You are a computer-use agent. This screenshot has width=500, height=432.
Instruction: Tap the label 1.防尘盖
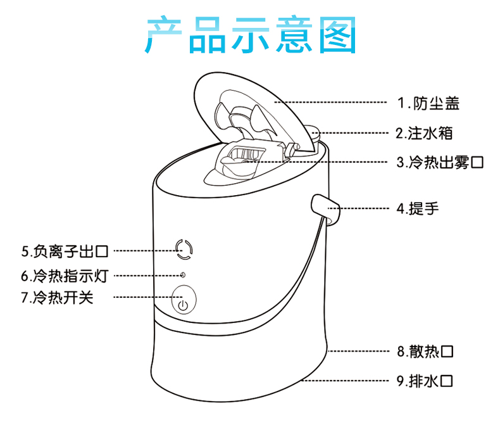[428, 103]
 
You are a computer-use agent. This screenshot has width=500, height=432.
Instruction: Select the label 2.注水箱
[425, 133]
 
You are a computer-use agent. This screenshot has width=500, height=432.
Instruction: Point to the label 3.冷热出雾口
[440, 162]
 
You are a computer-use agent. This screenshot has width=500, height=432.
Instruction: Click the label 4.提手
[418, 207]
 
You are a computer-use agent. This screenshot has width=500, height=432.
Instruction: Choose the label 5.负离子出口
[65, 251]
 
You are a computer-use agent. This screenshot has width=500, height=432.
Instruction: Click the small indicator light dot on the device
[183, 276]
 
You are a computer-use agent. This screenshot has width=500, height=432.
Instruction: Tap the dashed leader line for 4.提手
[364, 208]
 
